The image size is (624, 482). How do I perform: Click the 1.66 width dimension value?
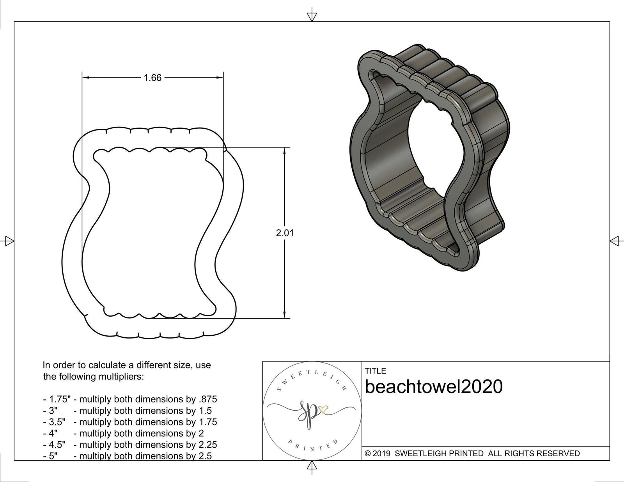tap(152, 78)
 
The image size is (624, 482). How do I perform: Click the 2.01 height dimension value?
tap(285, 233)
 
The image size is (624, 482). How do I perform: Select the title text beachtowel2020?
tap(434, 387)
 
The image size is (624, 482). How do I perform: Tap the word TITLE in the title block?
tap(375, 371)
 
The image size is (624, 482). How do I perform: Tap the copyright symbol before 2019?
tap(367, 454)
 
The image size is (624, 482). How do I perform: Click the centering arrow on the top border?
tap(312, 16)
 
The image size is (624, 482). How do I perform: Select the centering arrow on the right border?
tap(615, 241)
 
